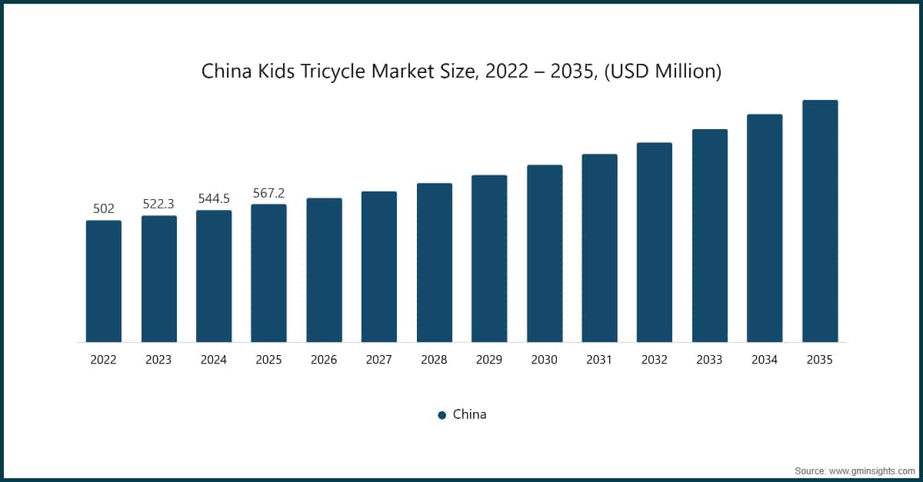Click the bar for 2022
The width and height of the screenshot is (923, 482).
pos(103,281)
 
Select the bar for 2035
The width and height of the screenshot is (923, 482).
pos(819,221)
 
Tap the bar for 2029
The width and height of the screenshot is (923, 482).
pos(489,259)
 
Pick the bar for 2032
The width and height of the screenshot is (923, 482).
pos(655,243)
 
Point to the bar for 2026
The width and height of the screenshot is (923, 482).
pos(324,271)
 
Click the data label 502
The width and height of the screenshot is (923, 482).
pos(103,208)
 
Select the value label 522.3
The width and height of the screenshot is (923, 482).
pos(158,204)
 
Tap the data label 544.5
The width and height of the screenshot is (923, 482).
pos(214,198)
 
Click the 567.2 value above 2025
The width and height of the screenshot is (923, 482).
pos(268,192)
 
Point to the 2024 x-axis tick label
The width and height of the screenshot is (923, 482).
pos(214,359)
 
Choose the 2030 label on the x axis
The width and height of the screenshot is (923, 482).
pos(545,359)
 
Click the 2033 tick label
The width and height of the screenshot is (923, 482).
pos(710,359)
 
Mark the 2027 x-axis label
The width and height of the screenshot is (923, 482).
pos(379,359)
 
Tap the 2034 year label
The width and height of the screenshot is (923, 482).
pos(765,359)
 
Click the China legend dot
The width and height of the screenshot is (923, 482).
pos(442,415)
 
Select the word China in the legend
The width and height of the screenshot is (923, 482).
pos(469,414)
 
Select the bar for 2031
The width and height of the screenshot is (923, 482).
pos(599,248)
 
